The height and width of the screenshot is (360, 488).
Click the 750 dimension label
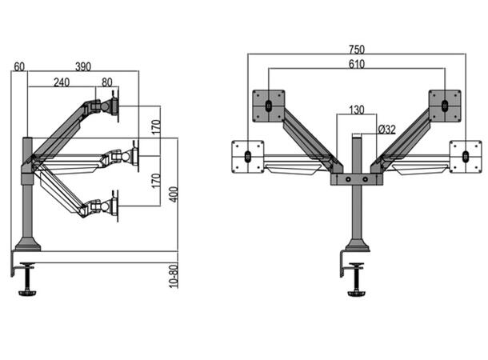point(356,50)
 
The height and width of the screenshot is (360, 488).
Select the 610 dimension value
point(357,65)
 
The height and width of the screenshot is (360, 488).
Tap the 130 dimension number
point(357,110)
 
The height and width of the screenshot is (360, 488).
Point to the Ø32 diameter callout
point(387,129)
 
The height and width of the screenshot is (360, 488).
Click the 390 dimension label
point(83,66)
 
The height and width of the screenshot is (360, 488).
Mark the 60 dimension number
point(19,66)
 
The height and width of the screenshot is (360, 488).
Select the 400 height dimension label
point(174,194)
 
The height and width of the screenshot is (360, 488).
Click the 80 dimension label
point(107,82)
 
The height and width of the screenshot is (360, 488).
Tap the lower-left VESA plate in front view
point(248,156)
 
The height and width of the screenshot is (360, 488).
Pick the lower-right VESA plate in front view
point(466,156)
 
